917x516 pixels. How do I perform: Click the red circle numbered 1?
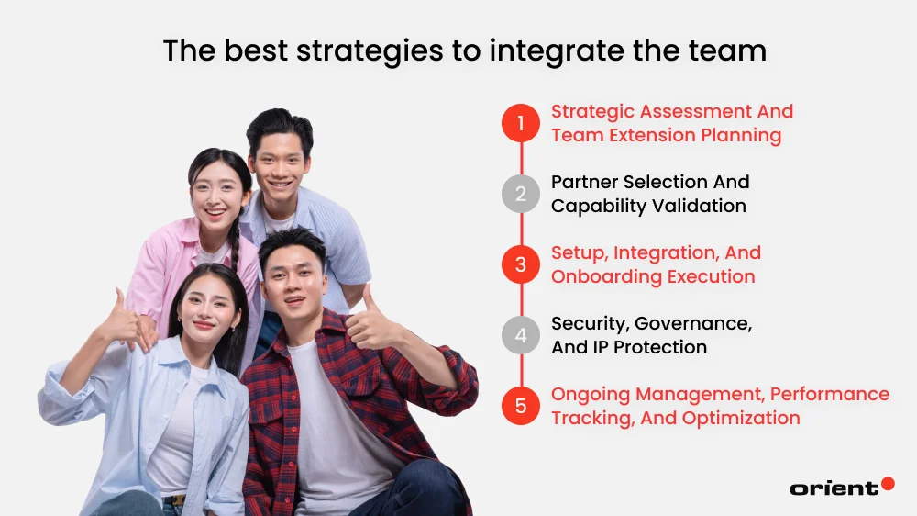pyautogui.click(x=521, y=123)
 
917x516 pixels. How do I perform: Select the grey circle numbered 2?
pyautogui.click(x=521, y=194)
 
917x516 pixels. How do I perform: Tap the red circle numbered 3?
pyautogui.click(x=521, y=264)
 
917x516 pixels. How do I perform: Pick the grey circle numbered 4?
pyautogui.click(x=521, y=335)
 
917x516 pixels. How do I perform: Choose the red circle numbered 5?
pyautogui.click(x=521, y=406)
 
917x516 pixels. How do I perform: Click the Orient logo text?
pyautogui.click(x=833, y=488)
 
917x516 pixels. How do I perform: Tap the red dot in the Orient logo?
pyautogui.click(x=887, y=483)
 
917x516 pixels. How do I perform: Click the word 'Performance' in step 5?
pyautogui.click(x=830, y=394)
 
